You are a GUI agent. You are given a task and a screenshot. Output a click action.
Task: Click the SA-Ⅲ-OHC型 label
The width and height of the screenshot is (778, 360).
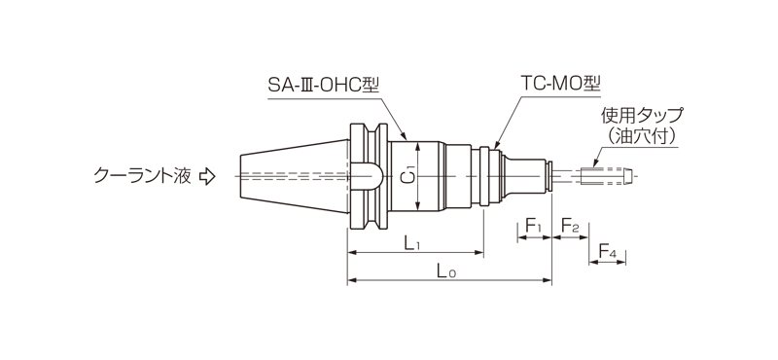click(x=324, y=85)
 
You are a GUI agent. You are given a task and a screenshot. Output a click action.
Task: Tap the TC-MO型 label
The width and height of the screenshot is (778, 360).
click(x=561, y=85)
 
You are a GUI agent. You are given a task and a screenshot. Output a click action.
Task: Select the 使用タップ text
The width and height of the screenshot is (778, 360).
click(x=642, y=116)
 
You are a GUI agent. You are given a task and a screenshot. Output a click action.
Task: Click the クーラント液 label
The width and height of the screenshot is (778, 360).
click(x=142, y=176)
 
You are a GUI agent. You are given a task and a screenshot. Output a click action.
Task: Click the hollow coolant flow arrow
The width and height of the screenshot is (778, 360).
click(x=207, y=177)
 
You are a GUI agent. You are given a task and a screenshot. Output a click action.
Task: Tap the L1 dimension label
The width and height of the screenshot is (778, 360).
click(x=411, y=243)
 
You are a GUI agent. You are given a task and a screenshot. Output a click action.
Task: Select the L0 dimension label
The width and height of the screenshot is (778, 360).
click(x=446, y=271)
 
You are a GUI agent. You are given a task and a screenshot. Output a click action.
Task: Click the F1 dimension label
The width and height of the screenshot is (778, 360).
click(x=533, y=227)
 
